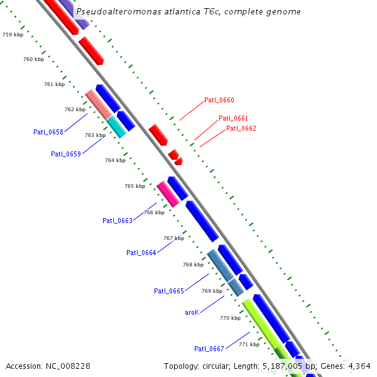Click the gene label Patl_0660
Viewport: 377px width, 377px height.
pyautogui.click(x=219, y=101)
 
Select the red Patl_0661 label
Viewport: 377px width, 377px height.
pyautogui.click(x=233, y=118)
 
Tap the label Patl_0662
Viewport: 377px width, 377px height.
pyautogui.click(x=241, y=128)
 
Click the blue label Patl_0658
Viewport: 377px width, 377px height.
pyautogui.click(x=48, y=132)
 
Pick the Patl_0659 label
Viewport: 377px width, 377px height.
pyautogui.click(x=66, y=154)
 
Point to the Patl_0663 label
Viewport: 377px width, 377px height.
pyautogui.click(x=117, y=221)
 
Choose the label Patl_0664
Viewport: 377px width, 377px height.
pyautogui.click(x=141, y=253)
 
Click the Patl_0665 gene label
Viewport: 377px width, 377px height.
pyautogui.click(x=169, y=291)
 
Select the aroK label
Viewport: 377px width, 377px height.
pyautogui.click(x=192, y=312)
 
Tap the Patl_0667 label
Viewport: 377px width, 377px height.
pyautogui.click(x=209, y=349)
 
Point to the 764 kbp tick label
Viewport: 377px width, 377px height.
pyautogui.click(x=115, y=160)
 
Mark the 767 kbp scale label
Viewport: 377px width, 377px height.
pyautogui.click(x=173, y=238)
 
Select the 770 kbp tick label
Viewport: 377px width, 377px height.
pyautogui.click(x=230, y=318)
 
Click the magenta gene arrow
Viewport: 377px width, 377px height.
pyautogui.click(x=167, y=194)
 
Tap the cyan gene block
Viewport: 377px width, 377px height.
pyautogui.click(x=116, y=126)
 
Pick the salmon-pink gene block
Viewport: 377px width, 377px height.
pyautogui.click(x=98, y=104)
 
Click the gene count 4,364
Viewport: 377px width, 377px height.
pyautogui.click(x=359, y=366)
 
